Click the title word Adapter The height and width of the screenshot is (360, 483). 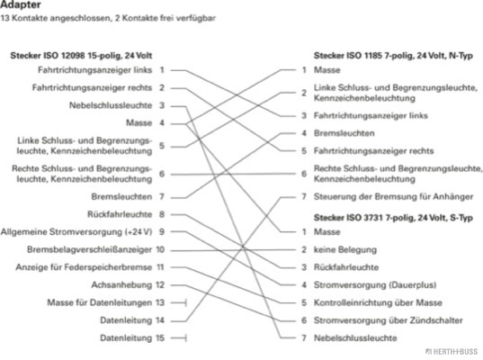click(x=21, y=4)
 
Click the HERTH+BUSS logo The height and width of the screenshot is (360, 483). click(x=452, y=351)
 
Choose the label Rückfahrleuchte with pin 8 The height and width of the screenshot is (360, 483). click(x=120, y=214)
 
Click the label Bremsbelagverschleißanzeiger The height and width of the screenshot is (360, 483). click(x=89, y=249)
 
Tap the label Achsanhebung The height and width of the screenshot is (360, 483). click(x=121, y=284)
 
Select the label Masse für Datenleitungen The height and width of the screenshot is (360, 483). click(x=100, y=302)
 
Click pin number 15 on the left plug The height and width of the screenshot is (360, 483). click(x=160, y=338)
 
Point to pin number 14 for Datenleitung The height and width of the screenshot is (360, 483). click(x=160, y=320)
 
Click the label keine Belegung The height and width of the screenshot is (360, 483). click(x=345, y=249)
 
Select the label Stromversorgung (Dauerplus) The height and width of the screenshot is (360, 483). click(x=375, y=284)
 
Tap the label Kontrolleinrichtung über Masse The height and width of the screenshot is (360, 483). click(x=378, y=302)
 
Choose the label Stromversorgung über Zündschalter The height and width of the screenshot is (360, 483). click(x=389, y=320)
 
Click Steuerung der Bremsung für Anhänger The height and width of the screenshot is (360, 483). click(x=393, y=196)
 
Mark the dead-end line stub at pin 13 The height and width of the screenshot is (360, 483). click(x=179, y=303)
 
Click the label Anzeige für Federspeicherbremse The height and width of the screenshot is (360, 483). click(x=84, y=267)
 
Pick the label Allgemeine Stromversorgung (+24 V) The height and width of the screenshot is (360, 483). click(x=76, y=232)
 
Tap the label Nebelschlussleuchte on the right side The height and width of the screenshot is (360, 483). click(x=355, y=338)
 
